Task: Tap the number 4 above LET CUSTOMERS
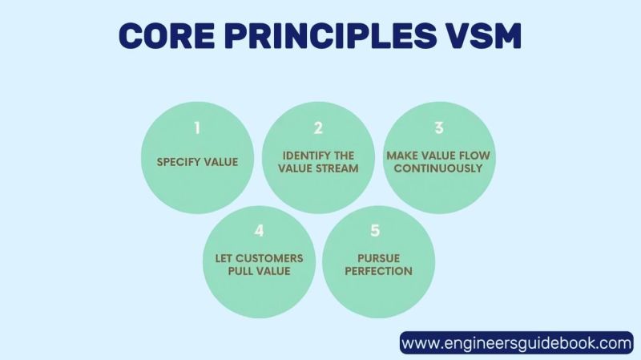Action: (258, 231)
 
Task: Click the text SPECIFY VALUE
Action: (197, 162)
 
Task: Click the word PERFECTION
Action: (379, 271)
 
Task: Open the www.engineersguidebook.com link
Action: (516, 343)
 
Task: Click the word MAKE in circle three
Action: (402, 156)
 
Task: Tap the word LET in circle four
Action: (225, 258)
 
